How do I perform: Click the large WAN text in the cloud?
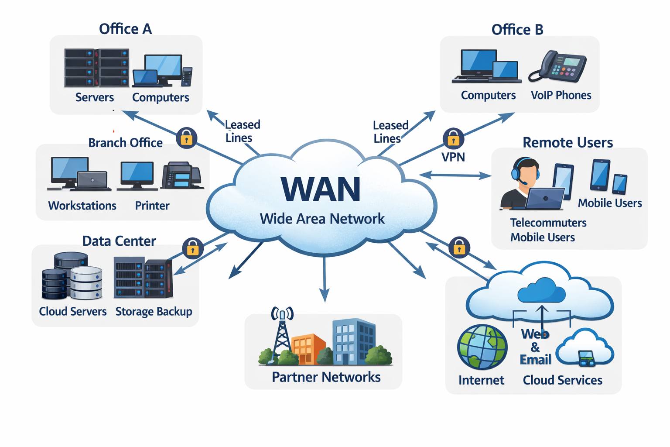tap(320, 189)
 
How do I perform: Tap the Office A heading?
tap(125, 29)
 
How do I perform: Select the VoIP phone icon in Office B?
tap(557, 66)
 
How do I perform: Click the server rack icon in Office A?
tap(96, 68)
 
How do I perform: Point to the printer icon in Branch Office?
tap(182, 175)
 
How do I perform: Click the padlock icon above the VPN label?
tap(454, 138)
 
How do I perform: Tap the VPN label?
tap(453, 157)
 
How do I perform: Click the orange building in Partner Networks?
tap(308, 349)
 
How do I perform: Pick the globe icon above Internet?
tap(482, 347)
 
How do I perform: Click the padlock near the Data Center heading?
tap(193, 248)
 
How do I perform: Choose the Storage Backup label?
tap(154, 312)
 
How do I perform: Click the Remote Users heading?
tap(567, 142)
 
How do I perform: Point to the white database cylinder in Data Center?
tap(86, 282)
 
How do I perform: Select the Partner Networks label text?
tap(326, 377)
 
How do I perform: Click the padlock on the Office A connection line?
tap(186, 138)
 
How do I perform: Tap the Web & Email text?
tap(535, 347)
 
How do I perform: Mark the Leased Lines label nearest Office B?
tap(391, 132)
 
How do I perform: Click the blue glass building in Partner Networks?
tap(354, 341)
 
